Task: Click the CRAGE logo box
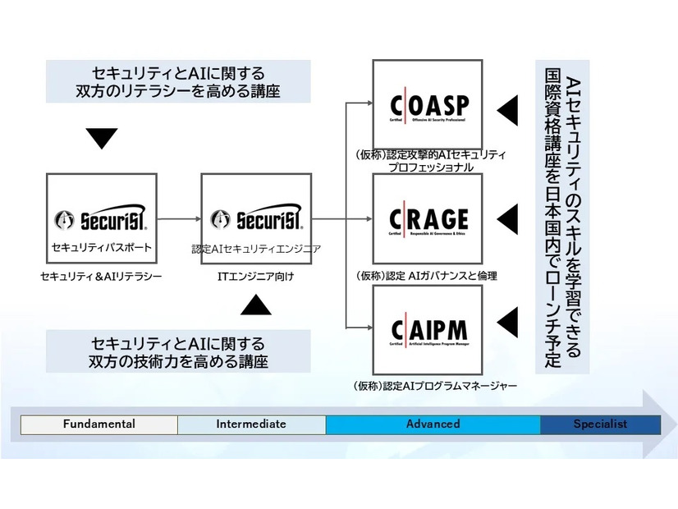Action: pos(428,218)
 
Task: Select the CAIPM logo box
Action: pos(428,330)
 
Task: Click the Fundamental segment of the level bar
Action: pos(99,424)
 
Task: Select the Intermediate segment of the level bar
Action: pos(251,424)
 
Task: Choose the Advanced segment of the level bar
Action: pos(433,424)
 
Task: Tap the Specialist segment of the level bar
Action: pos(600,424)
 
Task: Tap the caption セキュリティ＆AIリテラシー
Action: pos(101,277)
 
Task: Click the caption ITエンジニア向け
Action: pos(256,277)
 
